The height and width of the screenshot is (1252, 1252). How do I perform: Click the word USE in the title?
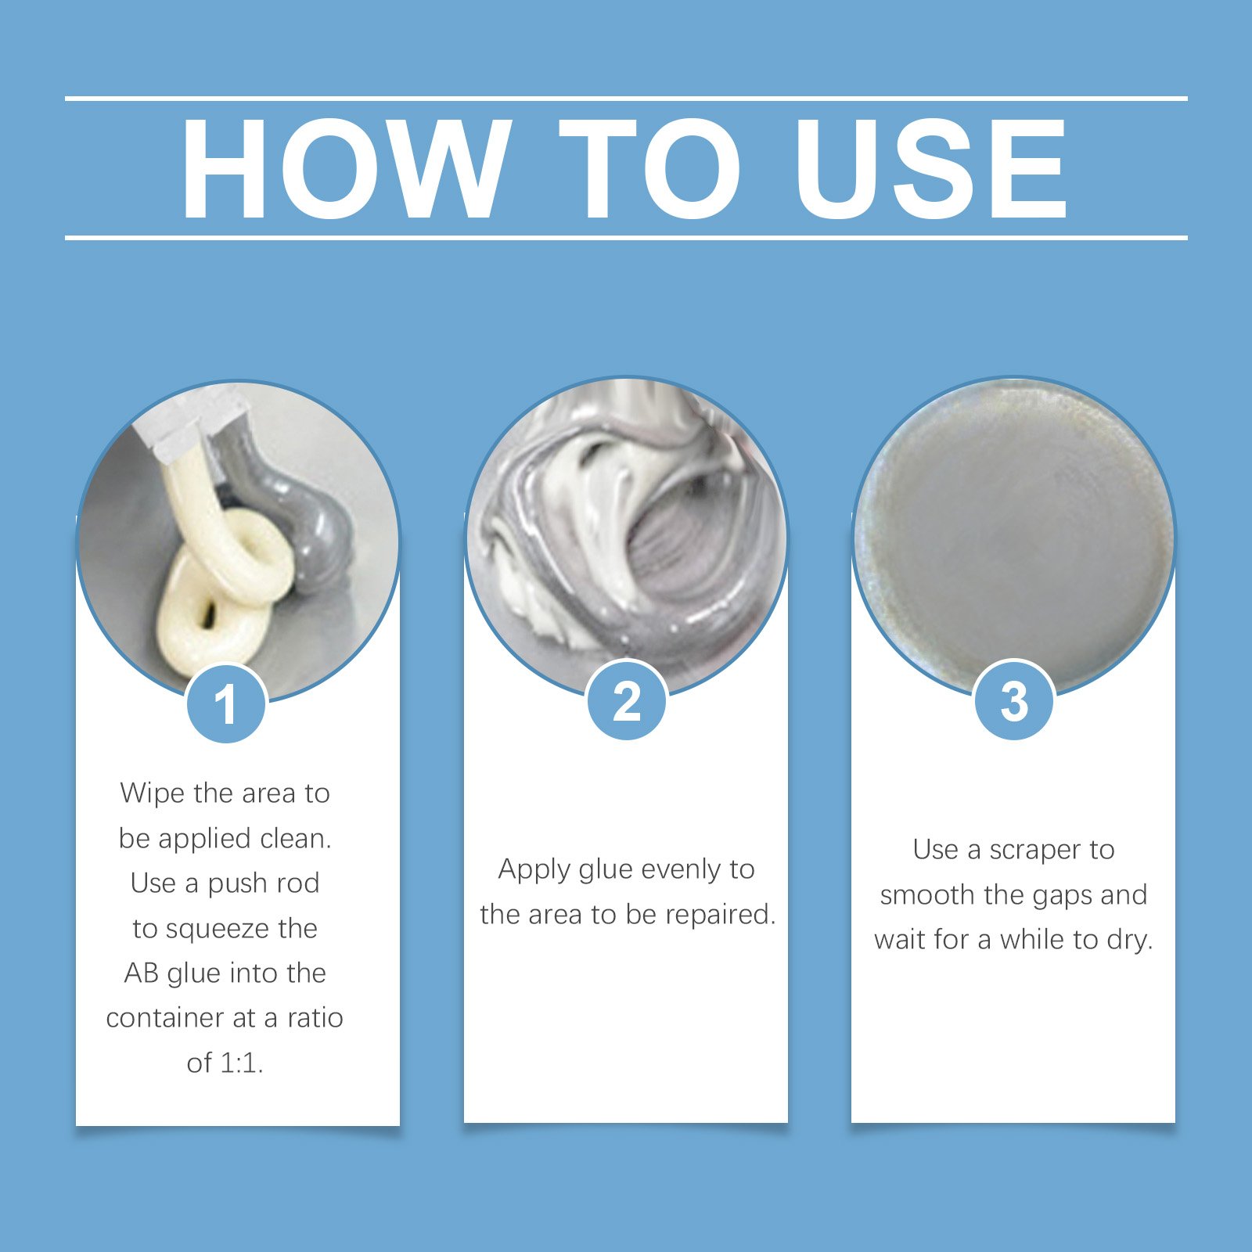click(931, 168)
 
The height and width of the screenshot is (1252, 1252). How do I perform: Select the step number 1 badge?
click(226, 703)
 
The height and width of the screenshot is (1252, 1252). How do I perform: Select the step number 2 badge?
click(627, 700)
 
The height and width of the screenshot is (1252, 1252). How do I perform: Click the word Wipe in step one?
click(153, 793)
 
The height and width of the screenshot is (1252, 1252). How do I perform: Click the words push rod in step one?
click(264, 884)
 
